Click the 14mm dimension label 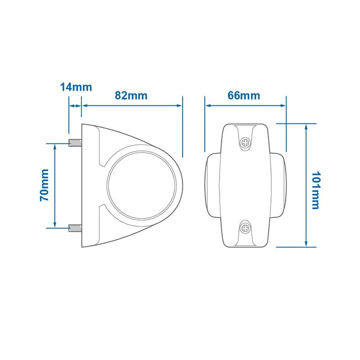[76, 87]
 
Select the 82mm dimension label [131, 96]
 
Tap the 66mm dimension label [244, 96]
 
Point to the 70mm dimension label [44, 185]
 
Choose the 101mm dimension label [315, 190]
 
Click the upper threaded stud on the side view [75, 143]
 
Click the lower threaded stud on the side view [75, 228]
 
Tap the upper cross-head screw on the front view [245, 143]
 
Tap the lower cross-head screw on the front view [245, 228]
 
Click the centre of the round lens [142, 185]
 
